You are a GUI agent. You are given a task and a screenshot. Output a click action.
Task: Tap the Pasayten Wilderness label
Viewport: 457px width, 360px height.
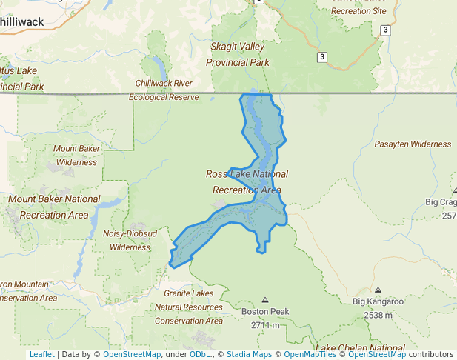tap(413, 144)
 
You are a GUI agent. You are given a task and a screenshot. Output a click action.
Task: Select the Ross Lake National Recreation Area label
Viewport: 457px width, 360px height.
tap(247, 181)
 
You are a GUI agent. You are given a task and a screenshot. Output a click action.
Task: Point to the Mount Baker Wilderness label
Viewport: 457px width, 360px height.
tap(76, 155)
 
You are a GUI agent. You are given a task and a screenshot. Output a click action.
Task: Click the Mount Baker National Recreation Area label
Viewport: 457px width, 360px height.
tap(54, 207)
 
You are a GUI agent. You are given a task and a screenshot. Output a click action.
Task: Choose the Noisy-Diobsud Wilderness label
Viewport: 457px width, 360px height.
tap(125, 241)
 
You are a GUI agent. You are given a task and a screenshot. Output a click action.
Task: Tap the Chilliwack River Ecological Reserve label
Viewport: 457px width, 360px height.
tap(164, 90)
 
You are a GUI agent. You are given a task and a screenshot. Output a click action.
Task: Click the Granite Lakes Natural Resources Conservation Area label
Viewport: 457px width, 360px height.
tap(188, 307)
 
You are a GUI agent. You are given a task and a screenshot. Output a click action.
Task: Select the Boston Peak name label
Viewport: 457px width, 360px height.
tap(264, 312)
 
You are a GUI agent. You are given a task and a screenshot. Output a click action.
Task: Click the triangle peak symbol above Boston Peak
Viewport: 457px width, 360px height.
tap(265, 300)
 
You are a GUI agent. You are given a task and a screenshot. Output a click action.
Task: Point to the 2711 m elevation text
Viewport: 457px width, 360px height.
tap(264, 325)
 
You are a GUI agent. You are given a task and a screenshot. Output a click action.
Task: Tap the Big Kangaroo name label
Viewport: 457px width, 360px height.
tap(378, 301)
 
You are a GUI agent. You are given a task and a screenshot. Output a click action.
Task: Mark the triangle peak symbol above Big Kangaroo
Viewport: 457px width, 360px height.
tap(378, 290)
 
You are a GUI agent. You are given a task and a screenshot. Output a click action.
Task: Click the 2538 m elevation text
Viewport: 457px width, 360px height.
tap(378, 315)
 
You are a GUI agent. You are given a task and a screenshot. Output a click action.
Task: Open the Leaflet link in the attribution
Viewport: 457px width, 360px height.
tap(41, 354)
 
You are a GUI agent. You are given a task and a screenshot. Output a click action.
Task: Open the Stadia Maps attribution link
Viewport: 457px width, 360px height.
tap(249, 354)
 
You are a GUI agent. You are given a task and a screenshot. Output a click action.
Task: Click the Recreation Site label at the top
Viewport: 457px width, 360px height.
tap(359, 11)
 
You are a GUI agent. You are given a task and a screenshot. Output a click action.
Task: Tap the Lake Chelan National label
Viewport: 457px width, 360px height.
tap(360, 347)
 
